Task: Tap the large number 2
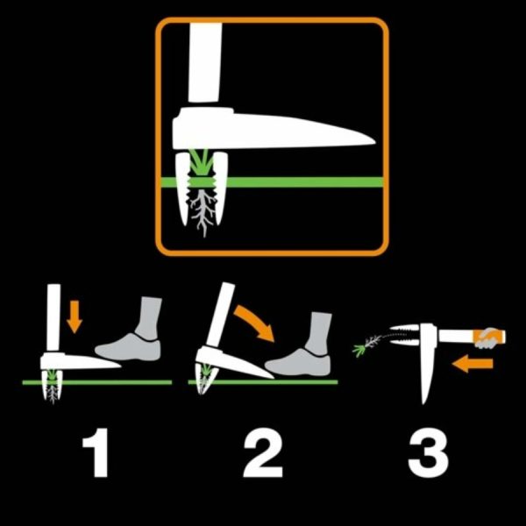(261, 454)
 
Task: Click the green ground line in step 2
(289, 382)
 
